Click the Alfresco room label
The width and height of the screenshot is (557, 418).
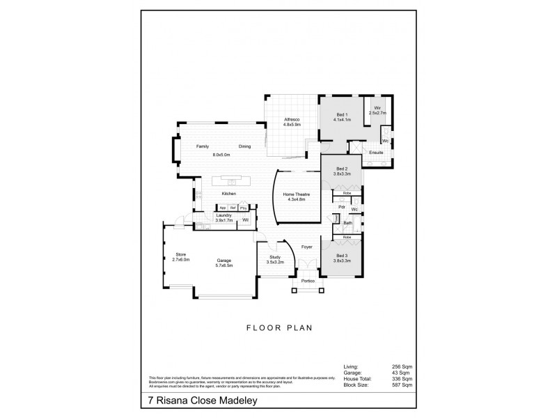point(292,121)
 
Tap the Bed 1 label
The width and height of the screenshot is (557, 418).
point(341,116)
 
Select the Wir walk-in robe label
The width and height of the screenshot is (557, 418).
point(376,108)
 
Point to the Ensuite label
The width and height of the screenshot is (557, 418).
point(376,152)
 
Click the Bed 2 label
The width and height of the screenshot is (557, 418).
point(341,169)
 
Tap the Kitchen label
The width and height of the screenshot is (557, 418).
point(228,193)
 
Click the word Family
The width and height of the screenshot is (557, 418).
point(203,147)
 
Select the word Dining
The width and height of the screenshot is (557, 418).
point(244,147)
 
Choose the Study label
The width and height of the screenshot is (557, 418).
point(274,258)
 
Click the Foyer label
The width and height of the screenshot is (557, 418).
point(306,247)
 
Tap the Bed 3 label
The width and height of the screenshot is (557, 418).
point(341,256)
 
